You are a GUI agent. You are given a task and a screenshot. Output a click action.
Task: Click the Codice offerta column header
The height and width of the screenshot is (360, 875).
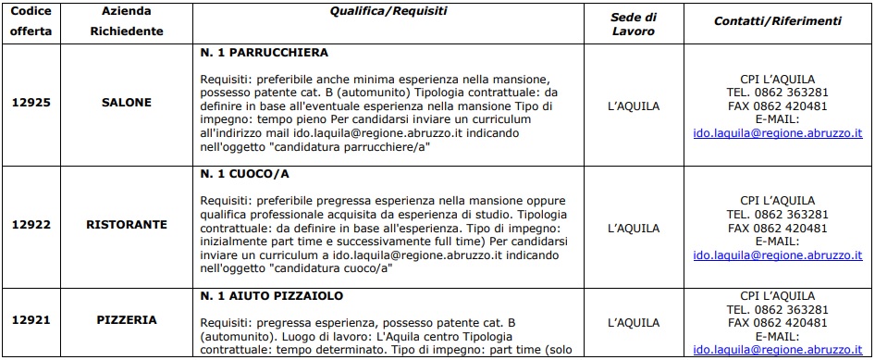pos(31,22)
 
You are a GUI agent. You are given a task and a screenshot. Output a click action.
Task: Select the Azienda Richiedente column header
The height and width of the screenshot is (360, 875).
pos(126,22)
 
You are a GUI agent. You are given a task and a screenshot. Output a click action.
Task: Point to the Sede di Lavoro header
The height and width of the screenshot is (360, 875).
pos(634,22)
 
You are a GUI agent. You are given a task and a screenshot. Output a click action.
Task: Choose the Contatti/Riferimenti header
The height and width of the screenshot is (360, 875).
pos(777,20)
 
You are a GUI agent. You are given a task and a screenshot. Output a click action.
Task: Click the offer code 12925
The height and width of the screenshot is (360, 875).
pos(31,103)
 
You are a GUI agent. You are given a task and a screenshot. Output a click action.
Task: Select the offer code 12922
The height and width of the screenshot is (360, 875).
pos(31,225)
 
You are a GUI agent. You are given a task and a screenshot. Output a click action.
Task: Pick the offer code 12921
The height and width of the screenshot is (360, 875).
pos(31,320)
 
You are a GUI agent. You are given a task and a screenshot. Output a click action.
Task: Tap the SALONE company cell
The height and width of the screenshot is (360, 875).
pos(126,103)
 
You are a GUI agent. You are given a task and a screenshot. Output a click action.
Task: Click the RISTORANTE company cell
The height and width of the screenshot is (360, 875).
pos(126,225)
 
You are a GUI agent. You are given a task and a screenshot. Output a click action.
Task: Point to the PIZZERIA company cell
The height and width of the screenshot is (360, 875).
pos(126,320)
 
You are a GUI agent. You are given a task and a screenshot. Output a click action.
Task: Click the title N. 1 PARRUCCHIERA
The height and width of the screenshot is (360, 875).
pos(264,53)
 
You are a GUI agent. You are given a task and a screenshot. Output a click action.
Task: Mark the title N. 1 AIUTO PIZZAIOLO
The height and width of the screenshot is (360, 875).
pos(272,296)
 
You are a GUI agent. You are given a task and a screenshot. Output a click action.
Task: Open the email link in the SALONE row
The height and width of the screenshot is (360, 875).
pos(778,133)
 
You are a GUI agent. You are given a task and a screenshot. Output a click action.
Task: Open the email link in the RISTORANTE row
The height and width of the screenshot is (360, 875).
pos(778,254)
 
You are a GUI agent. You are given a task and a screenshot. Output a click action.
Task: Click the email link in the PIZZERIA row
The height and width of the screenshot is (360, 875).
pos(778,350)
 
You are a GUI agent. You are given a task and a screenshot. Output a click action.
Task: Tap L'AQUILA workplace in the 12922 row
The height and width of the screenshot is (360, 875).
pos(634,226)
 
